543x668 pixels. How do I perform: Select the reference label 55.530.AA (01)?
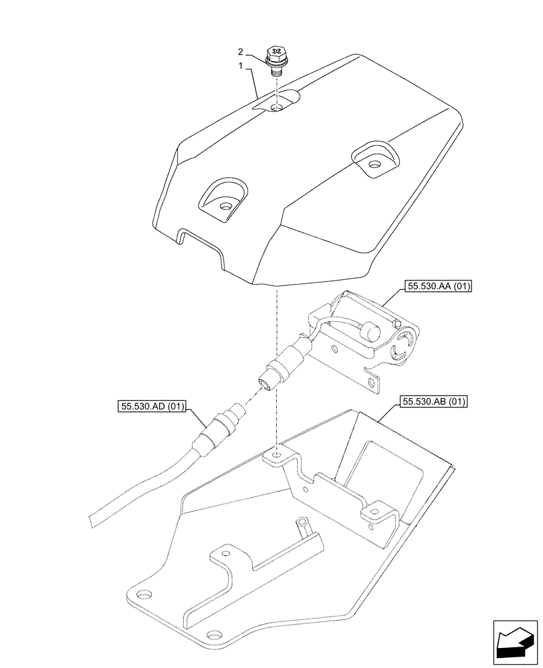tap(438, 287)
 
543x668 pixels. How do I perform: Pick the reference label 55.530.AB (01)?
tap(434, 402)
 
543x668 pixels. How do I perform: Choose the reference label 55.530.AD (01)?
tap(152, 405)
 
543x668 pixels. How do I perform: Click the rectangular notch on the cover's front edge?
tap(199, 239)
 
